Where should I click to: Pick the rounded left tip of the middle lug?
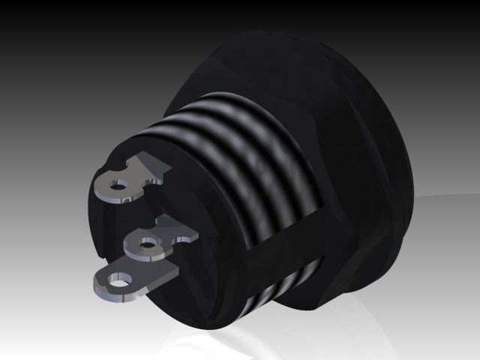tap(130, 246)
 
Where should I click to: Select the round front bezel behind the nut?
tap(397, 150)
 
